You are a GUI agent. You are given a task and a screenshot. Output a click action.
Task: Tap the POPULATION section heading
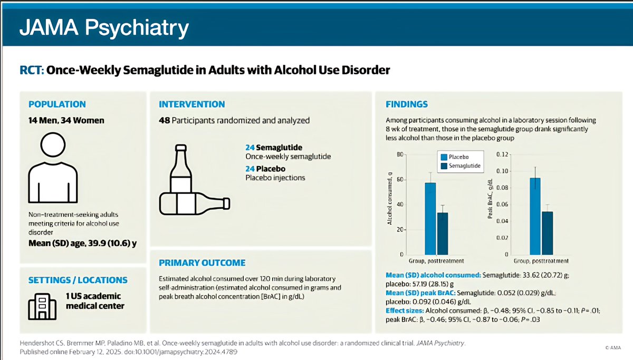click(x=57, y=104)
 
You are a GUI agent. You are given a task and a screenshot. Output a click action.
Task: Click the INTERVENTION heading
click(x=192, y=104)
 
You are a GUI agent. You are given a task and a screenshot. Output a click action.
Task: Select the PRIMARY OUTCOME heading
click(x=202, y=262)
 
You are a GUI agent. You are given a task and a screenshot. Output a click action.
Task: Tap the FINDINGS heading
click(x=407, y=104)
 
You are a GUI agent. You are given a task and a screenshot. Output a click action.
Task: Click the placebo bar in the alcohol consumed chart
click(x=431, y=218)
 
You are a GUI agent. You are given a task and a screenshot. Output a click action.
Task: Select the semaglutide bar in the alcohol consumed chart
click(x=443, y=233)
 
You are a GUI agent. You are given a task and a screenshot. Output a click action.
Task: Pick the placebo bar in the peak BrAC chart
click(x=535, y=216)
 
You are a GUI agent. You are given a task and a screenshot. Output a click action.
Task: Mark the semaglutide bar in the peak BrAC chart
click(x=547, y=233)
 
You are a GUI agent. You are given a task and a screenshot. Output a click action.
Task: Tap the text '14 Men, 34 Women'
click(x=66, y=120)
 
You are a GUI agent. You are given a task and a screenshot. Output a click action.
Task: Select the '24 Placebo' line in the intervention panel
click(x=266, y=169)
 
